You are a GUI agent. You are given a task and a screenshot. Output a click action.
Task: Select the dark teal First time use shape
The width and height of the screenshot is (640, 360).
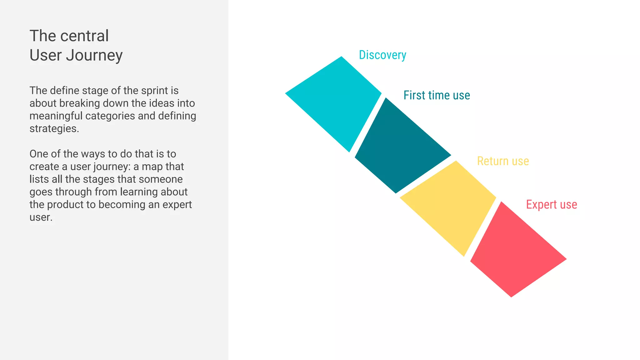coord(402,147)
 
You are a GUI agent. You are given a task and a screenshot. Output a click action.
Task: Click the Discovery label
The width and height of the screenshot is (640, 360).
coord(382,55)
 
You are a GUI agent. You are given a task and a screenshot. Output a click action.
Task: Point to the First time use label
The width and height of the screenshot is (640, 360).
coord(437,95)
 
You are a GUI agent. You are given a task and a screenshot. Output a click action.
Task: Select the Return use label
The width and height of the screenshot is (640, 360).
coord(503,161)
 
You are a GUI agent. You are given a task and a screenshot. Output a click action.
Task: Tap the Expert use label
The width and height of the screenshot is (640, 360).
coord(552,205)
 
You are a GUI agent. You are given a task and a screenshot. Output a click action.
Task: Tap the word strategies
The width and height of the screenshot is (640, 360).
coord(54,129)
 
